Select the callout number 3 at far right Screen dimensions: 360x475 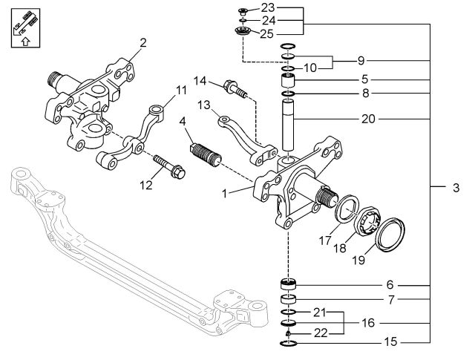tap(455, 189)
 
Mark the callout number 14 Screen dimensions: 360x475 tap(200, 80)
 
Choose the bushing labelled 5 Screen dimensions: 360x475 tap(289, 81)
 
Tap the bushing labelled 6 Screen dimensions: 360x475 tap(288, 284)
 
